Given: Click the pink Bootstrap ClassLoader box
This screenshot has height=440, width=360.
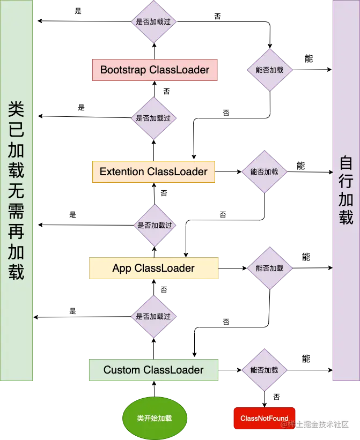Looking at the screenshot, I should (155, 70).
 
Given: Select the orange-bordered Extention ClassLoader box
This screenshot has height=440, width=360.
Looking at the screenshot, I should (153, 172).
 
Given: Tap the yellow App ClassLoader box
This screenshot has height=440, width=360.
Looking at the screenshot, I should (153, 269).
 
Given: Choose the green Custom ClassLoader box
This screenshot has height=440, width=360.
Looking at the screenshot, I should (153, 370).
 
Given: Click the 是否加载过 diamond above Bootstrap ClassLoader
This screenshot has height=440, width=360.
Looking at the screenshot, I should (153, 22).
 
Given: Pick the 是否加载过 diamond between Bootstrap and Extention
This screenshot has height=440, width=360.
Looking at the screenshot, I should (153, 118).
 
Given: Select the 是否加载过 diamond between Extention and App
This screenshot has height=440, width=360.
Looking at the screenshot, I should (155, 226).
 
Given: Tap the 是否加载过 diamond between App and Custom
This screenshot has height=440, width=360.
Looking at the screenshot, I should (153, 317).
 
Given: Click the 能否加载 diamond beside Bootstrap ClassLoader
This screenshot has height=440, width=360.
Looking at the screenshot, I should (269, 70).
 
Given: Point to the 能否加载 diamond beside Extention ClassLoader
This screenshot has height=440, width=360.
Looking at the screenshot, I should (264, 172).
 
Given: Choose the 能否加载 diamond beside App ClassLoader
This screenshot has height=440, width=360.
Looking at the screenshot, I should (269, 268).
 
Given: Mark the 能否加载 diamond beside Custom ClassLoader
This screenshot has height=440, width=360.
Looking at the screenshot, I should (264, 370).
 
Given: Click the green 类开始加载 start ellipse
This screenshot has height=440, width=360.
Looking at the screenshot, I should (155, 418).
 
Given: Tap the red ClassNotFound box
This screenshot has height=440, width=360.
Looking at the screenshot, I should (264, 419).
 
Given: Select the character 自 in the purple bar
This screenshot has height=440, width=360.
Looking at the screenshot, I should (346, 163).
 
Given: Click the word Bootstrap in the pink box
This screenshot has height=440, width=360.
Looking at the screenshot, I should (123, 70).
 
